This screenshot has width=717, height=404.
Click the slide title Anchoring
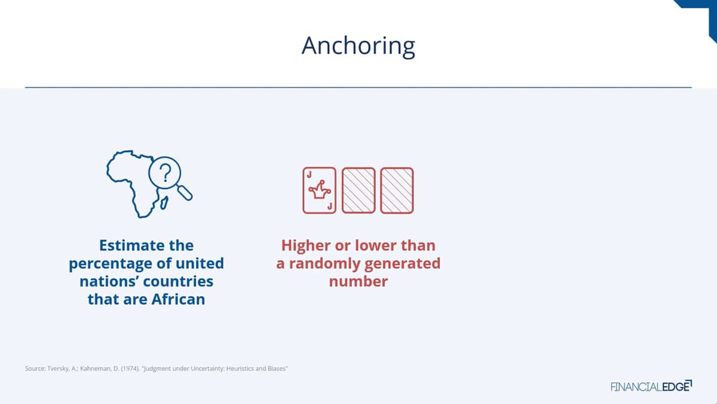point(358,46)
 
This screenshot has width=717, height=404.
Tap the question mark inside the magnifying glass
point(165,173)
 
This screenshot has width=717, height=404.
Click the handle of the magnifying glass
point(185,193)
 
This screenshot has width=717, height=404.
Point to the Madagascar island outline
point(164,203)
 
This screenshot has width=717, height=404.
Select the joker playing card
point(320,190)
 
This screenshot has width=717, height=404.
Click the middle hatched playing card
point(358,190)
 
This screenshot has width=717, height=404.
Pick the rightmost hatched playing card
point(397,190)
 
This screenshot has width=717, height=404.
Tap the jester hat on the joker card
point(320,190)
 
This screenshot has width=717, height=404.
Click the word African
point(178,299)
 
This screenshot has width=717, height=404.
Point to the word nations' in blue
point(109,281)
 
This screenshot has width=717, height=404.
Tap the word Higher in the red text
point(306,246)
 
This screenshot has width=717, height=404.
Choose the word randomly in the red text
point(324,264)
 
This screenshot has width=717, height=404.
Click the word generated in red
point(402,264)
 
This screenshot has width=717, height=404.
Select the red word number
point(358,281)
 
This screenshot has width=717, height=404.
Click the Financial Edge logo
point(651,387)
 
